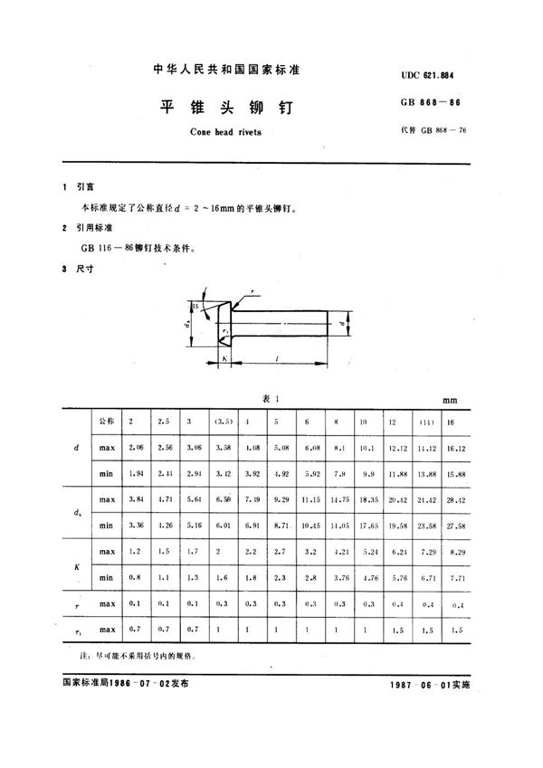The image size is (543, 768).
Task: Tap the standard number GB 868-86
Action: pyautogui.click(x=436, y=105)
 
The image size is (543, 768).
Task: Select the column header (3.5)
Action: pyautogui.click(x=221, y=422)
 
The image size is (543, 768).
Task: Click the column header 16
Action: pyautogui.click(x=452, y=422)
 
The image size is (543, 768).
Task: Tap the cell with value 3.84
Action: pyautogui.click(x=135, y=499)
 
